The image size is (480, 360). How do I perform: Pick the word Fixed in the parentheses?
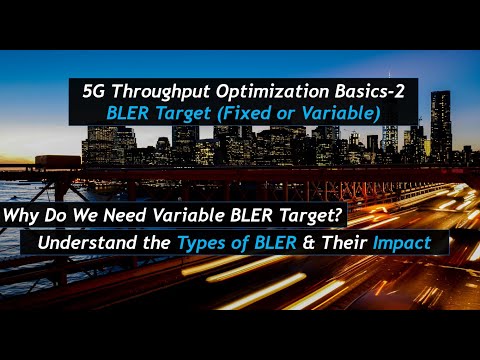[x=245, y=113]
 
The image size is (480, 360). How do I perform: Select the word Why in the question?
[x=25, y=213]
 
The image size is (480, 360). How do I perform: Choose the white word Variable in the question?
[x=198, y=213]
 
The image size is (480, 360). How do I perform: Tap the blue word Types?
[x=206, y=244]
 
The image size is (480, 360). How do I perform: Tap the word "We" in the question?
[x=92, y=213]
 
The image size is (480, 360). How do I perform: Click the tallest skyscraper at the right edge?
[x=440, y=125]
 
